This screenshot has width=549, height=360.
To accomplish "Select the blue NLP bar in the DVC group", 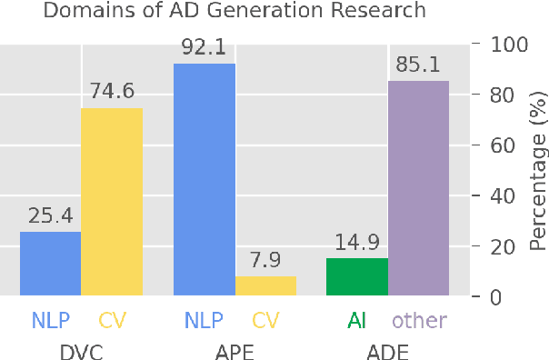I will point(50,264).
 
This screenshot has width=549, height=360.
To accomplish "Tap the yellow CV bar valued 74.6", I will point(112,202).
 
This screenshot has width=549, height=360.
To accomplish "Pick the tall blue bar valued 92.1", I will point(204,179).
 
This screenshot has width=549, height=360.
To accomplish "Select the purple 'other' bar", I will point(418,188).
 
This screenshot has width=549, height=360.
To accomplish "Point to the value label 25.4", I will point(50,217).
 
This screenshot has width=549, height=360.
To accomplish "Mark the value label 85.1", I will point(418,65).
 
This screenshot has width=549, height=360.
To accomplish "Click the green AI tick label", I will point(357,320).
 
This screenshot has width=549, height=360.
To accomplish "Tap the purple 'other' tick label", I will point(418,320).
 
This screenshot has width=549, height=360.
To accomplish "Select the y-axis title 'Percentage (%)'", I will point(537,170).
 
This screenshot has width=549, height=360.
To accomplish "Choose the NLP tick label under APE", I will point(204,320).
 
